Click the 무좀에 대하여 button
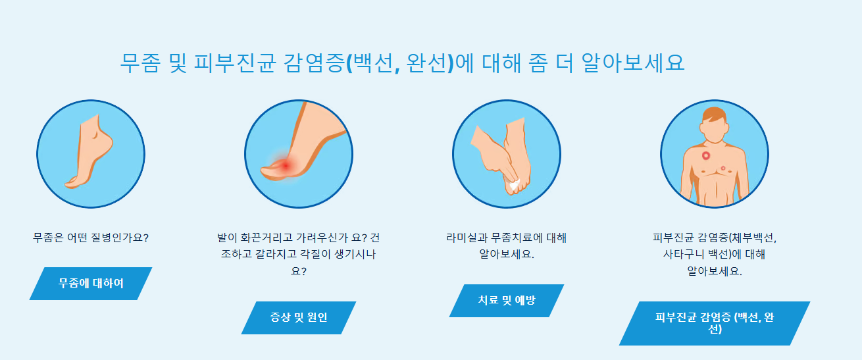pos(91,284)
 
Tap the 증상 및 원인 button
pos(299,318)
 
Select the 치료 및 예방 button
pos(507,301)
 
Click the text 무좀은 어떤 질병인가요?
pos(91,237)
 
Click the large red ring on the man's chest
pos(706,156)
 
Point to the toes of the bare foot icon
pos(72,182)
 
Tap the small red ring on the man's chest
pos(723,168)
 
